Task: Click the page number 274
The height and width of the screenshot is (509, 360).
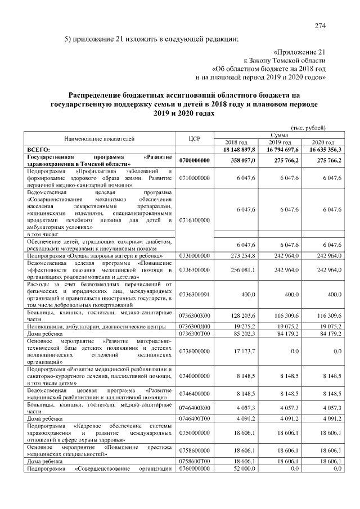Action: [321, 26]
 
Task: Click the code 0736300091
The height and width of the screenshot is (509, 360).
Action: [195, 294]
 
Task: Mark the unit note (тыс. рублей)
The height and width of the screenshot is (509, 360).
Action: [308, 128]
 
